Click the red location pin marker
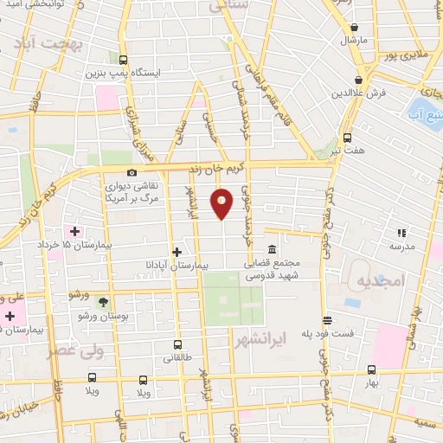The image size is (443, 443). click(x=223, y=202)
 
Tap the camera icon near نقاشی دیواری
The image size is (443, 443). click(x=132, y=172)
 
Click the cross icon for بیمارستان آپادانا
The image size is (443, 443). click(x=177, y=252)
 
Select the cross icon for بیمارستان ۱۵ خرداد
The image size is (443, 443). click(x=74, y=232)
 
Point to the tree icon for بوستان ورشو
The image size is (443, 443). click(x=104, y=302)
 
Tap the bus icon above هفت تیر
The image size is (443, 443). click(x=348, y=138)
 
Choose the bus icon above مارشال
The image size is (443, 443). click(x=355, y=27)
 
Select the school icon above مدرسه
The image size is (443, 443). click(x=401, y=233)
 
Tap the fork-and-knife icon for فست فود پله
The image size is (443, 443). click(x=327, y=320)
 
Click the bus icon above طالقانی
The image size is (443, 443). click(x=178, y=343)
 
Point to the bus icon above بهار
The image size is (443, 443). click(x=371, y=369)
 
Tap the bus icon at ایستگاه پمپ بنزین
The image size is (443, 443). click(x=123, y=61)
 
